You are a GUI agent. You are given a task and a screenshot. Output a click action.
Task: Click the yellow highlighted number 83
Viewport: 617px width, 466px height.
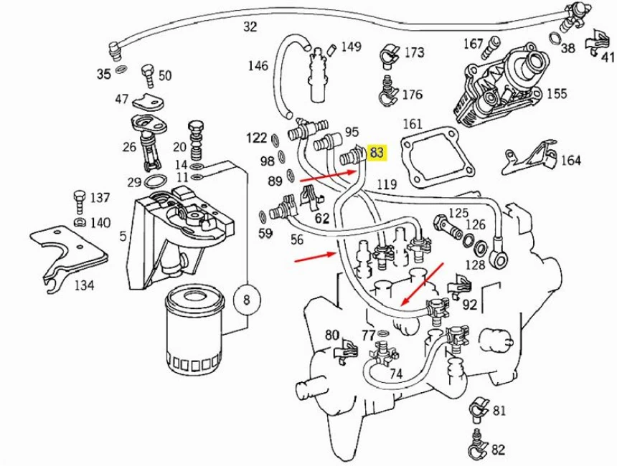(377, 152)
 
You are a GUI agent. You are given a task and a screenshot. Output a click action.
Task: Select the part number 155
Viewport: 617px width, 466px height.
(557, 93)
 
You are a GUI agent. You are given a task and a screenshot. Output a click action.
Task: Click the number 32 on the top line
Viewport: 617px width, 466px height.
(250, 27)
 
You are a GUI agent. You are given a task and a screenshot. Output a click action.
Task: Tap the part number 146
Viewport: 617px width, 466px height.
(258, 66)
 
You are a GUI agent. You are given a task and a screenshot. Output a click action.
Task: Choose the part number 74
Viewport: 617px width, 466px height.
(395, 374)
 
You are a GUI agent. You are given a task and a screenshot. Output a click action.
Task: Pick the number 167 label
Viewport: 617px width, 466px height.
(473, 44)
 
